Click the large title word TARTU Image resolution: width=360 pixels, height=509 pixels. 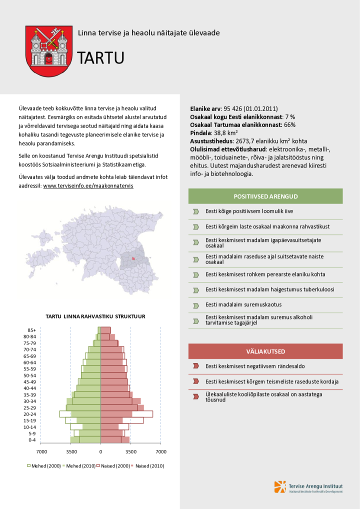point(100,58)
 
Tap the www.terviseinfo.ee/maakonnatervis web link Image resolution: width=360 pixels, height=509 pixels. point(88,185)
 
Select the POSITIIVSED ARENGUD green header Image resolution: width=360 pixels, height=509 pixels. point(265,196)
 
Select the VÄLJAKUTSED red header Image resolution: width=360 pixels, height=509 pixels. point(265,351)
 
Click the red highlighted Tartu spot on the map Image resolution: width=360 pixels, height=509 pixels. point(133,258)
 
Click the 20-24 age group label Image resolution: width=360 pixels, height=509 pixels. point(29,414)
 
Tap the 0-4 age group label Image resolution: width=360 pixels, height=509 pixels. point(31,440)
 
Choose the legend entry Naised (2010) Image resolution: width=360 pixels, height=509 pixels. point(149,466)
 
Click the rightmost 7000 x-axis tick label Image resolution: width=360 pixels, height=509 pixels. point(161,451)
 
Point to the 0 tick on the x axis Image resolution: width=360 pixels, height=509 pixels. point(100,451)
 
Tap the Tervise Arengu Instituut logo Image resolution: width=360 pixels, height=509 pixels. point(308,487)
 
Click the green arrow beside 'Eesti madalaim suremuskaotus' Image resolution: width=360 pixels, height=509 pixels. point(196,304)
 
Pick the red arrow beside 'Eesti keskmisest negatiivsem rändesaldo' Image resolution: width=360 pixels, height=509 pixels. point(196,366)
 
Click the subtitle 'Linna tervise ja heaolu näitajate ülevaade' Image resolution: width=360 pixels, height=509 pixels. point(148,33)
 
